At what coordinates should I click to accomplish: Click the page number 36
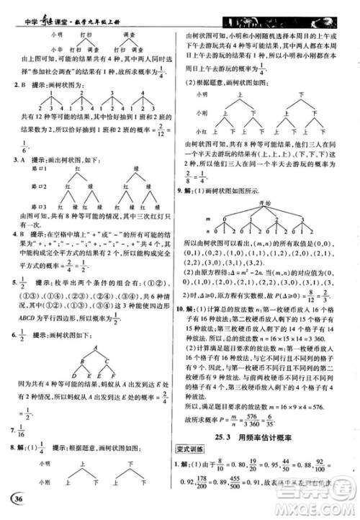click(x=14, y=502)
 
